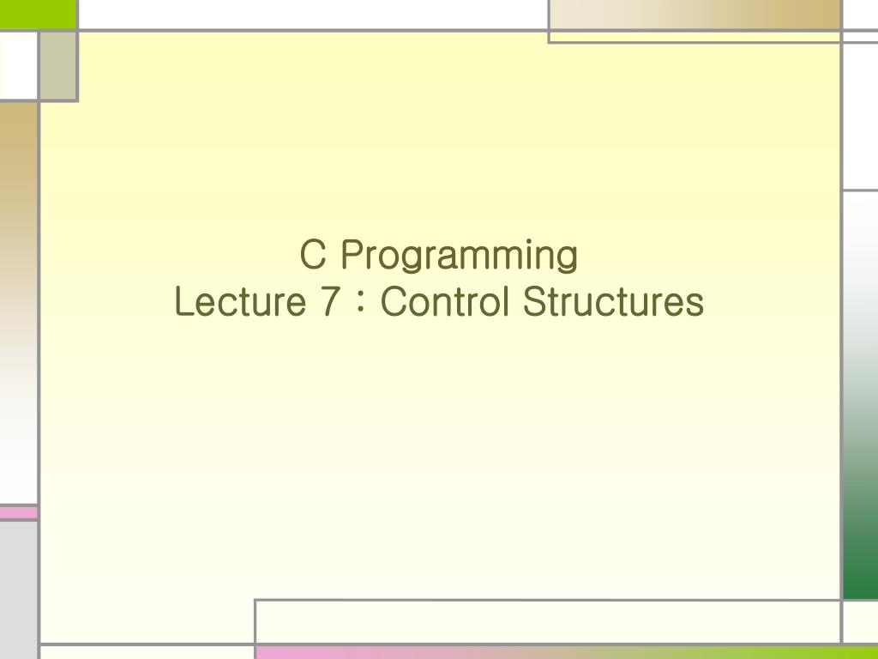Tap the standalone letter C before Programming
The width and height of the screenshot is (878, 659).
coord(312,255)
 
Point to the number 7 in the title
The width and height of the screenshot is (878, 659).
coord(326,302)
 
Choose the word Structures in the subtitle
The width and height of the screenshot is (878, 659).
coord(613,302)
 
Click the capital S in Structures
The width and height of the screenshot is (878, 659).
coord(532,302)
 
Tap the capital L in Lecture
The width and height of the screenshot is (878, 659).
coord(183,302)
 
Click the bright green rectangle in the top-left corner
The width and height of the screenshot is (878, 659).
coord(38,13)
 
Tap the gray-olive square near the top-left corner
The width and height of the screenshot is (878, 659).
coord(58,65)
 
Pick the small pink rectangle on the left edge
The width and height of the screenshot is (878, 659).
coord(18,512)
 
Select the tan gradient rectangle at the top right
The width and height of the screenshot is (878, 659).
coord(695,15)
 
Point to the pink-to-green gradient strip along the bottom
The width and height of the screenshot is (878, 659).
coord(566,652)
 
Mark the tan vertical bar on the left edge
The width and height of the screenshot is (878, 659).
coord(18,215)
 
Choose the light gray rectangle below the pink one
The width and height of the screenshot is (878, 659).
coord(18,583)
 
